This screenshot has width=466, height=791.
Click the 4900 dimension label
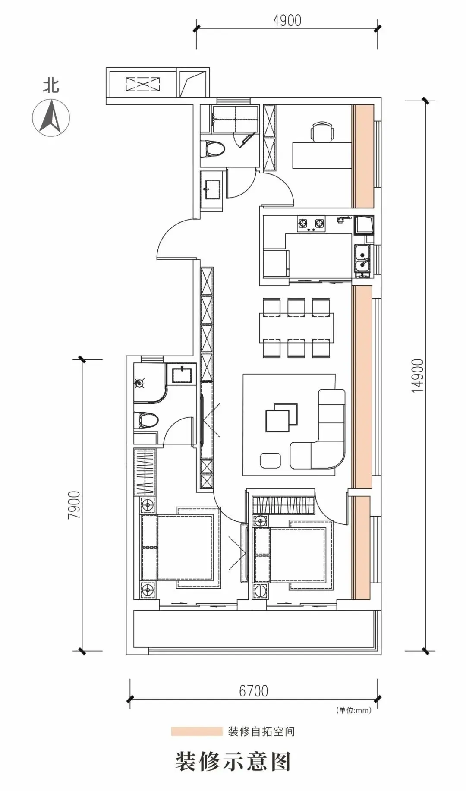click(x=287, y=20)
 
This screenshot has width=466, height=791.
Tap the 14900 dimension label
click(x=418, y=375)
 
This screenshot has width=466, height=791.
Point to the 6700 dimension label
click(x=254, y=691)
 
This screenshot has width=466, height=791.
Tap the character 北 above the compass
click(x=51, y=85)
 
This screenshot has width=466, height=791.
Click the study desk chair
click(x=322, y=132)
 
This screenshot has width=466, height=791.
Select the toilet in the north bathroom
click(x=214, y=149)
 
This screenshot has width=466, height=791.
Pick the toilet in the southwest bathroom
click(x=146, y=419)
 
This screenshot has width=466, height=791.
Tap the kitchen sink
click(x=362, y=261)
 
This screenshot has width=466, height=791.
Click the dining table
click(x=296, y=328)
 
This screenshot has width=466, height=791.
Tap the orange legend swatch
click(x=196, y=731)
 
